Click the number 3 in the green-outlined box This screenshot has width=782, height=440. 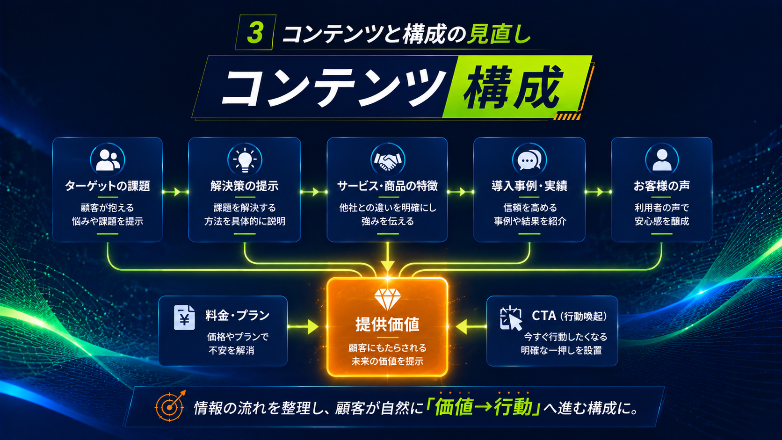pyautogui.click(x=255, y=33)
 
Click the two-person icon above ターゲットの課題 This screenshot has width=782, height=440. pyautogui.click(x=108, y=160)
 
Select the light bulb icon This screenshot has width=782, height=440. pyautogui.click(x=245, y=160)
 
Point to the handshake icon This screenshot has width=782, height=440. pyautogui.click(x=388, y=160)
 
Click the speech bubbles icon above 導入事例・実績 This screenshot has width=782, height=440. pyautogui.click(x=529, y=160)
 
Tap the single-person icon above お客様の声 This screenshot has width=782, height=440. pyautogui.click(x=661, y=160)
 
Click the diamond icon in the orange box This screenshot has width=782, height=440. pyautogui.click(x=388, y=299)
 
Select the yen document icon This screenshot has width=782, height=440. pyautogui.click(x=184, y=317)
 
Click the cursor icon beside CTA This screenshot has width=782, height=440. pyautogui.click(x=511, y=318)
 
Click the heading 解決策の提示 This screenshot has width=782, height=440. pyautogui.click(x=244, y=186)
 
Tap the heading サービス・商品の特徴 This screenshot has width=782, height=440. pyautogui.click(x=388, y=186)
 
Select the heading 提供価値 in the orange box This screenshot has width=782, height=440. pyautogui.click(x=388, y=324)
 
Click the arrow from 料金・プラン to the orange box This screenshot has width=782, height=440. pyautogui.click(x=303, y=327)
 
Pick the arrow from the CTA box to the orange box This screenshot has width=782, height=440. pyautogui.click(x=471, y=327)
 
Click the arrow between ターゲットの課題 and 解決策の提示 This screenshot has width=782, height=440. pyautogui.click(x=175, y=192)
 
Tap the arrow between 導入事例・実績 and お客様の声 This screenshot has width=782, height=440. pyautogui.click(x=598, y=192)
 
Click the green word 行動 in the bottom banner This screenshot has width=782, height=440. pyautogui.click(x=513, y=407)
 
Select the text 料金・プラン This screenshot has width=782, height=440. pyautogui.click(x=238, y=316)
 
